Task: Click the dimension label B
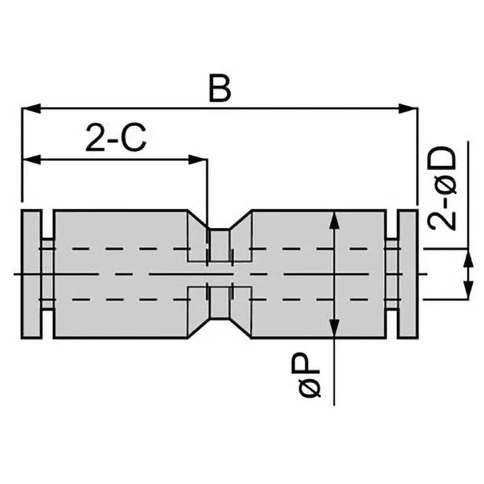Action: tap(220, 88)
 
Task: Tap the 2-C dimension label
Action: tap(116, 137)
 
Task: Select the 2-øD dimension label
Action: tap(442, 188)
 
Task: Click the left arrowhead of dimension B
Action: tap(31, 108)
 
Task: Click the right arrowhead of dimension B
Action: tap(408, 108)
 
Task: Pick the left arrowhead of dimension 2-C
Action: tap(31, 160)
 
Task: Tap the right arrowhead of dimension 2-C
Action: tap(198, 160)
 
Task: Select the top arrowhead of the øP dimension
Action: tap(335, 220)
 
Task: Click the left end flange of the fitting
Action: tap(31, 274)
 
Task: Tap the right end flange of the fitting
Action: tap(407, 274)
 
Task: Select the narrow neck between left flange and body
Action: tap(48, 274)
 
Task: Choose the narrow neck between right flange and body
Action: tap(391, 274)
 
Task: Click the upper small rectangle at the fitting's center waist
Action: tap(220, 246)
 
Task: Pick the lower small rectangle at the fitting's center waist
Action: tap(220, 302)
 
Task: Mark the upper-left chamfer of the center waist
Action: tap(199, 220)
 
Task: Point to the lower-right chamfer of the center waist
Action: tap(241, 329)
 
